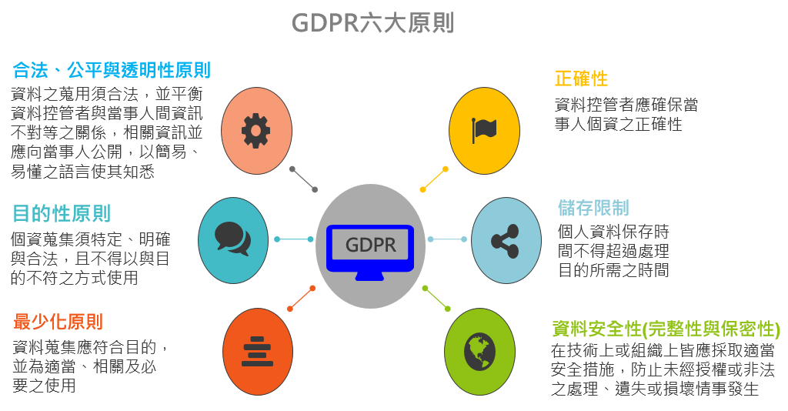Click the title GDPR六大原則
[373, 23]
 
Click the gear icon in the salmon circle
[255, 131]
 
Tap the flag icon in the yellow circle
[484, 130]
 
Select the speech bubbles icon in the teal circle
[232, 239]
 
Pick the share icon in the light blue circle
[505, 241]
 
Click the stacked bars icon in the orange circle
[257, 351]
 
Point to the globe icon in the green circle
[479, 351]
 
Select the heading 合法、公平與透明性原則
[112, 70]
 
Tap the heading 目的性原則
[62, 213]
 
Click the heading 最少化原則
[58, 322]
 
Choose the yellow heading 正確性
[582, 79]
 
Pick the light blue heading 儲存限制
[593, 208]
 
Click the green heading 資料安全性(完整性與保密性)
[666, 329]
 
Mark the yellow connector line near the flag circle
[434, 179]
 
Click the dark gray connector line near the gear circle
[303, 179]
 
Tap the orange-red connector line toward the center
[301, 299]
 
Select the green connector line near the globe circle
[436, 299]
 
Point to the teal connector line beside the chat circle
[293, 239]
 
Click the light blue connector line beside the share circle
[447, 239]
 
